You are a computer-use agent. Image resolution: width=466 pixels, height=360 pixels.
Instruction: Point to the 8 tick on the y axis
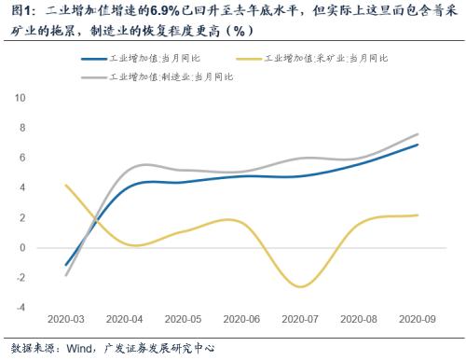click(x=22, y=127)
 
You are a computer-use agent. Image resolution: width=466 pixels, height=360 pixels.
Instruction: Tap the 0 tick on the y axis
click(x=22, y=248)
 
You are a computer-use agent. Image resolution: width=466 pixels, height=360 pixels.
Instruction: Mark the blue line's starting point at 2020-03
click(x=65, y=266)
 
